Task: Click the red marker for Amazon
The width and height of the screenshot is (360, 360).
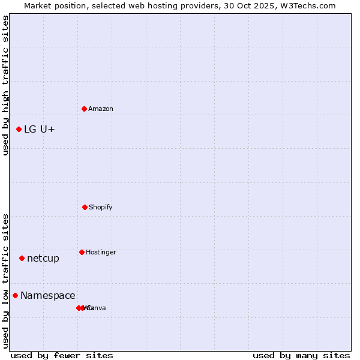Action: (84, 109)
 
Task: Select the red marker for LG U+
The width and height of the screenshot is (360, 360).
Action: (19, 129)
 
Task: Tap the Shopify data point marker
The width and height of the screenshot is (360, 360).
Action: (85, 207)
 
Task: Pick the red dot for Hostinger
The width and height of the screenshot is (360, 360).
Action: (82, 252)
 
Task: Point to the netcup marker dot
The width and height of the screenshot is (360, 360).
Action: (22, 258)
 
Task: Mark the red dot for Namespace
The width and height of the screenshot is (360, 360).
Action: (15, 295)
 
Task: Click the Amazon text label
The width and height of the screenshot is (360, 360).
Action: (100, 109)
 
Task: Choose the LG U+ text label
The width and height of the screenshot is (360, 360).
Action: (40, 129)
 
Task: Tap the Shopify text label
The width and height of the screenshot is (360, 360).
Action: (100, 207)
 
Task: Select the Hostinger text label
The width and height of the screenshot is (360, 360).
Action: (101, 252)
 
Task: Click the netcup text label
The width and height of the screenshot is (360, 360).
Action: (43, 258)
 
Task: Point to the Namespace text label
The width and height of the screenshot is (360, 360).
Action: (48, 295)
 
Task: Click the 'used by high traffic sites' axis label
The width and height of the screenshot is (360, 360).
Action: (5, 85)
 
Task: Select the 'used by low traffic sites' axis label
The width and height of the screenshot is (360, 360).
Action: (5, 281)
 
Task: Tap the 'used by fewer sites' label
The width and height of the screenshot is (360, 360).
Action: (62, 355)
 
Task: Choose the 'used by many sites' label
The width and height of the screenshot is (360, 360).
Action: (301, 355)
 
